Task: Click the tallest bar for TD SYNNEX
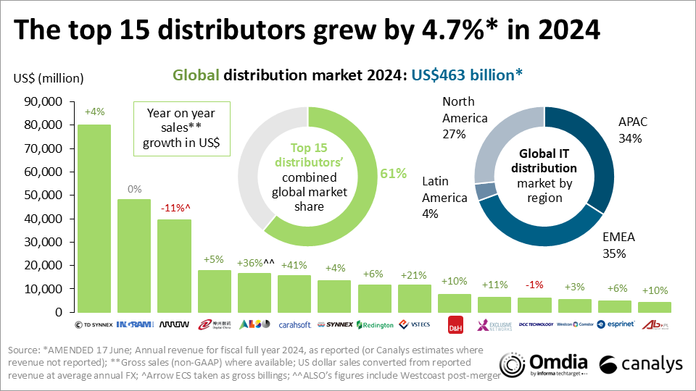point(94,217)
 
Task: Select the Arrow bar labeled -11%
point(174,265)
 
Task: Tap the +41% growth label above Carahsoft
point(294,264)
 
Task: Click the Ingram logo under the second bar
point(134,324)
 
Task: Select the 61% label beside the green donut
point(392,173)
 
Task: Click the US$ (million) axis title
point(49,78)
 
